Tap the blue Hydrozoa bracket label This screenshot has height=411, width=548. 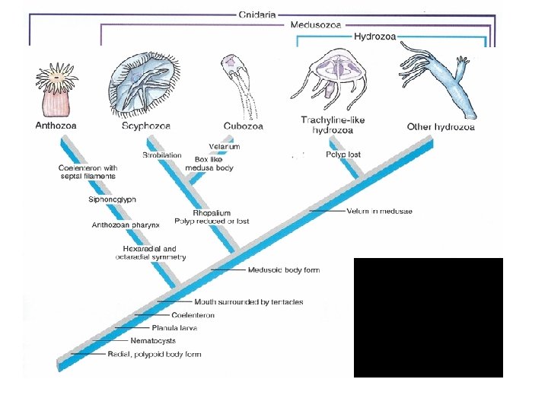click(374, 37)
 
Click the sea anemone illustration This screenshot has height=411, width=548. click(54, 92)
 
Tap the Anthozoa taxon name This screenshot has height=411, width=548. click(56, 126)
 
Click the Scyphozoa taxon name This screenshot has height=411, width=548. click(146, 126)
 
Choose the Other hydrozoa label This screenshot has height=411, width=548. click(441, 127)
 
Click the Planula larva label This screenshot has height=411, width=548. click(174, 327)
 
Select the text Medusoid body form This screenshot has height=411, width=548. click(284, 270)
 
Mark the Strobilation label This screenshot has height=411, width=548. click(162, 155)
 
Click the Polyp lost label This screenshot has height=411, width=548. click(342, 155)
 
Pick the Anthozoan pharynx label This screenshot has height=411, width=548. click(125, 225)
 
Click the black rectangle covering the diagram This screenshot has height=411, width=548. click(428, 317)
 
